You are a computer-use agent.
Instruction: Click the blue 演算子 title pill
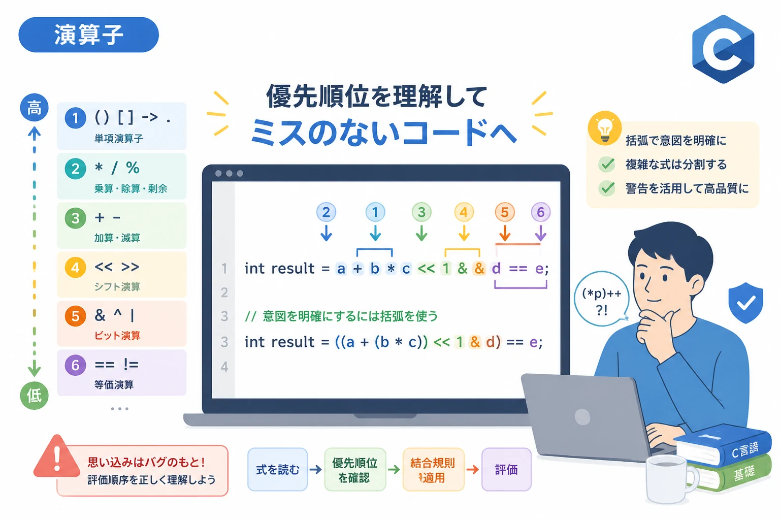click(x=89, y=35)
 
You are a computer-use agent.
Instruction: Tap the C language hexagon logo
click(x=723, y=49)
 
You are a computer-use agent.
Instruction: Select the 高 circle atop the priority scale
click(x=34, y=108)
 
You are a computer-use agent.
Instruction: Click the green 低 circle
click(x=34, y=395)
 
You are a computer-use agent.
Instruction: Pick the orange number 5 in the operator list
click(x=75, y=316)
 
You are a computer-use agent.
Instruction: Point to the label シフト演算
click(x=117, y=286)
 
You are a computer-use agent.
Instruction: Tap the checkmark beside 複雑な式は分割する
click(x=607, y=164)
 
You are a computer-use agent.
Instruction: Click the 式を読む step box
click(x=278, y=470)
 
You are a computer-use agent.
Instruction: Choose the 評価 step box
click(x=506, y=470)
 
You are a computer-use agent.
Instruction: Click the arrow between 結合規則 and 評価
click(x=473, y=470)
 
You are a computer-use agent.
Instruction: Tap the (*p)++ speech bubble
click(x=601, y=299)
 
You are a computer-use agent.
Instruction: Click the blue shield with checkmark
click(x=745, y=303)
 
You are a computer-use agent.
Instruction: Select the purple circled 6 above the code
click(x=540, y=212)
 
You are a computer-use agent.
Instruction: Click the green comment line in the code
click(x=341, y=316)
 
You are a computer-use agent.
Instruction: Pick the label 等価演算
click(x=114, y=384)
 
